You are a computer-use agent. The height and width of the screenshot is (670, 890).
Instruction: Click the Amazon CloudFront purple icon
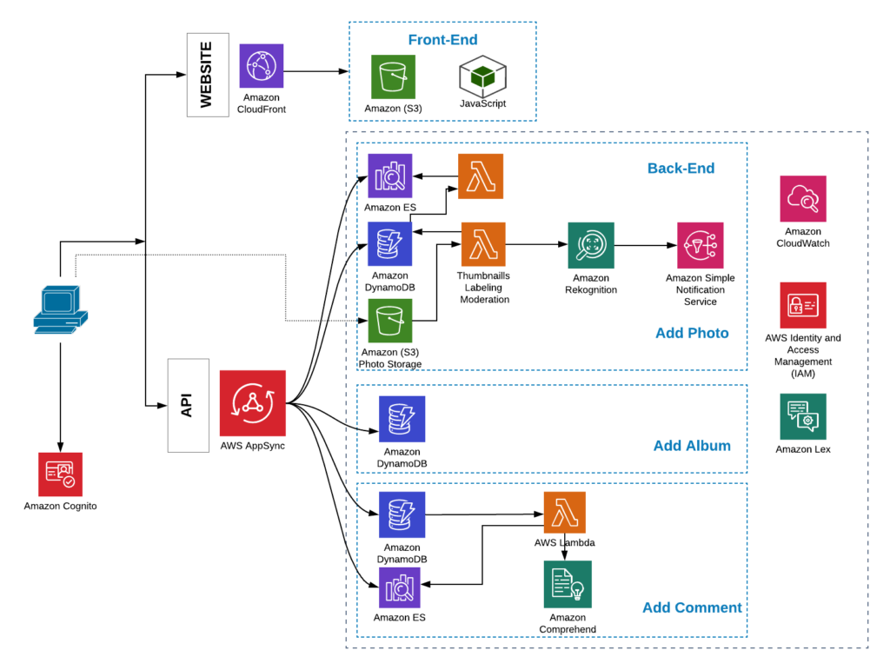pos(261,66)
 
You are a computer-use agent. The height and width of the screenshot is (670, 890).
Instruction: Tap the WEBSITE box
pos(208,75)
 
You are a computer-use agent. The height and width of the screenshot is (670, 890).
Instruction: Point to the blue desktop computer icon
pos(59,308)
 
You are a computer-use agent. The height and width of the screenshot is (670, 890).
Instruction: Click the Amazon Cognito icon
pos(60,474)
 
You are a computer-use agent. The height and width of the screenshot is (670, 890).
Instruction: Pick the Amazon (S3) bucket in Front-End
pos(393,76)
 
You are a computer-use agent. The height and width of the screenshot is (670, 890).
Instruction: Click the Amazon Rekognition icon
pos(591,245)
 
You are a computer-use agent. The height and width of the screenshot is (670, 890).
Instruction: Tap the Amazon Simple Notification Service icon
pos(701,246)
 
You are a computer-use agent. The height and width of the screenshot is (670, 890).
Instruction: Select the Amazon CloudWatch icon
pos(803,199)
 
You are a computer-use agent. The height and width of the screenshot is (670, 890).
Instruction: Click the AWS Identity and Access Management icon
pos(803,305)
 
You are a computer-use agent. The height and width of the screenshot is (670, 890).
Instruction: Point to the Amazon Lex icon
pos(803,416)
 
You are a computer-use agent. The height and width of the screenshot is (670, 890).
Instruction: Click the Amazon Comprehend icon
pos(568,584)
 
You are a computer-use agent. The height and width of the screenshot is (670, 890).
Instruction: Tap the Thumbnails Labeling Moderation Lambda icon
pos(483,245)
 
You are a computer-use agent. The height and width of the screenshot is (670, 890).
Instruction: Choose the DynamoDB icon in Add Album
pos(402,419)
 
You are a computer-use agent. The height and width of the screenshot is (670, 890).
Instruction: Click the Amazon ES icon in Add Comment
pos(400,587)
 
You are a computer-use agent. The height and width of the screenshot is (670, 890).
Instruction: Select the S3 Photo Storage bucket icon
pos(390,322)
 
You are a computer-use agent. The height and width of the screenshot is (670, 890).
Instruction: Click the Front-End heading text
pos(442,40)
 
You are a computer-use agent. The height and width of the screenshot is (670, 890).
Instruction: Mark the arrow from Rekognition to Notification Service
pos(645,246)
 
